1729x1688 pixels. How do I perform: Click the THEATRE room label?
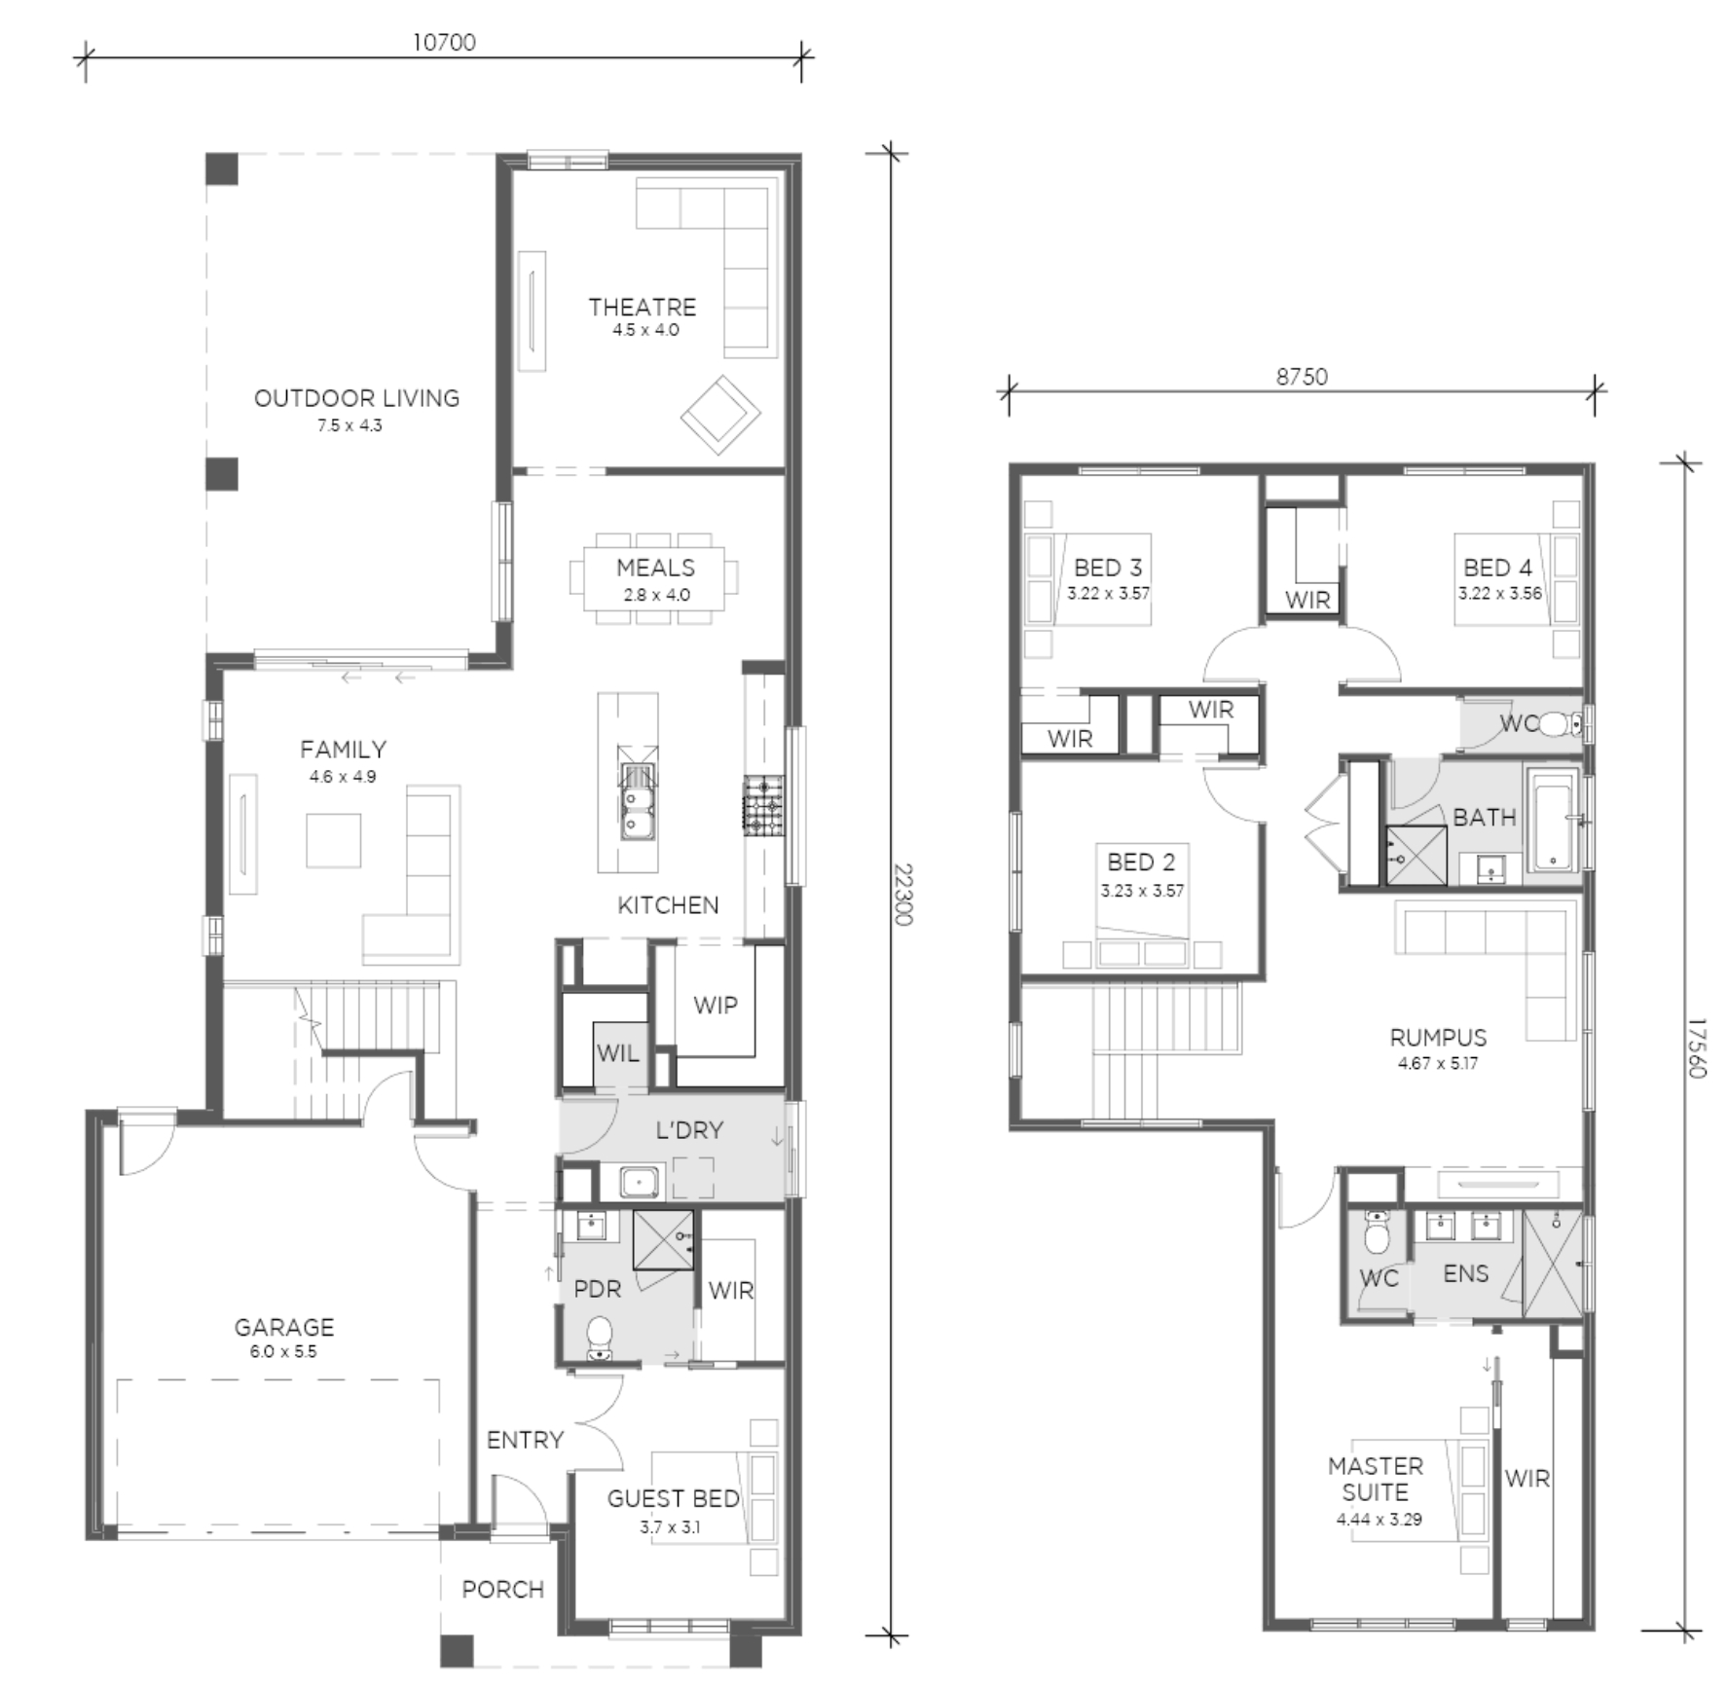pyautogui.click(x=643, y=308)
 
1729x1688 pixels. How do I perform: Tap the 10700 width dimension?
pyautogui.click(x=444, y=42)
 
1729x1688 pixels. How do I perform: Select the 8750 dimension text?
pyautogui.click(x=1302, y=377)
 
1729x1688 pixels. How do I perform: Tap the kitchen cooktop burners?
pyautogui.click(x=763, y=806)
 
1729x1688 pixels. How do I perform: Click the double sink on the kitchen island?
pyautogui.click(x=638, y=801)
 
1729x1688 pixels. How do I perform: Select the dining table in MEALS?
pyautogui.click(x=654, y=578)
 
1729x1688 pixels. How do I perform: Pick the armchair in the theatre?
pyautogui.click(x=720, y=416)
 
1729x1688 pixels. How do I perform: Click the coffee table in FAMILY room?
pyautogui.click(x=334, y=840)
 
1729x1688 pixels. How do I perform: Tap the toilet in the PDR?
pyautogui.click(x=599, y=1337)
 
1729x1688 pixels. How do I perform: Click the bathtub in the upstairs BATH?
pyautogui.click(x=1552, y=820)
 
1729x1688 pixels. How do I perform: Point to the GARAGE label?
pyautogui.click(x=284, y=1327)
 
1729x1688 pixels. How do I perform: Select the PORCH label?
pyautogui.click(x=502, y=1590)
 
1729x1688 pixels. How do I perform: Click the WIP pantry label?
pyautogui.click(x=716, y=1006)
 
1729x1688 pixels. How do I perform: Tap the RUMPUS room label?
pyautogui.click(x=1438, y=1038)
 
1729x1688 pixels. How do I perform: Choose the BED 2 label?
pyautogui.click(x=1141, y=862)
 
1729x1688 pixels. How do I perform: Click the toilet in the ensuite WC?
pyautogui.click(x=1377, y=1234)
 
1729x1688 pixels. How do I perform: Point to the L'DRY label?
pyautogui.click(x=689, y=1130)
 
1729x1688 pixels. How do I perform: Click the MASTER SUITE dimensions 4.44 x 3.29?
pyautogui.click(x=1380, y=1520)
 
